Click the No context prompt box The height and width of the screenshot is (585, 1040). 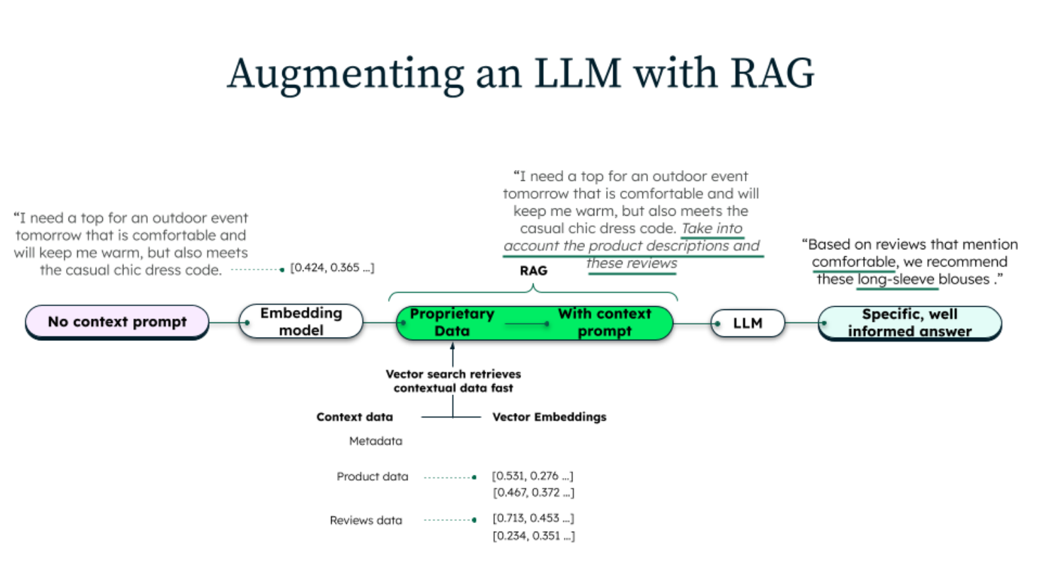[x=117, y=322]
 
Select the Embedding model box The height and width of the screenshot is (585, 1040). [x=301, y=322]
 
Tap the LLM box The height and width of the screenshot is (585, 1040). [x=748, y=323]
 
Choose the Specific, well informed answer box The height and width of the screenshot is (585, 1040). [x=909, y=323]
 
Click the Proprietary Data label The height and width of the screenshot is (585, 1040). [x=452, y=322]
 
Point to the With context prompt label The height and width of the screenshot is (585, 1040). [x=604, y=322]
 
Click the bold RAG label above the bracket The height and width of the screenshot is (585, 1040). [x=534, y=271]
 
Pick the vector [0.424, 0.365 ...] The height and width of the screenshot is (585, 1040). [x=332, y=268]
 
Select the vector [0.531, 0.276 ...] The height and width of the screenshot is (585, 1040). [x=532, y=476]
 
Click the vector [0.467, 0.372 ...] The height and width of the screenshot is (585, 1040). [x=533, y=493]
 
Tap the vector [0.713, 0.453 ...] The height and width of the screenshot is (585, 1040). [x=533, y=518]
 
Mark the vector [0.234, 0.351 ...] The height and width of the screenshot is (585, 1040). [x=533, y=536]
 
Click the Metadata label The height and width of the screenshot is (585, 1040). [x=375, y=441]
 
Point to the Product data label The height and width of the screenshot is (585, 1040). [x=372, y=477]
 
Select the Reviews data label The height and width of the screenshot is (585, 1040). [x=366, y=520]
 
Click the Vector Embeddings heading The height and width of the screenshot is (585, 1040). [x=549, y=417]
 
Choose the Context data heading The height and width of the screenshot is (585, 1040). [x=354, y=417]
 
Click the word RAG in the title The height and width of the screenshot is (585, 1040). [x=772, y=73]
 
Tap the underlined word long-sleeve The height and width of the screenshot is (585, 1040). [x=896, y=280]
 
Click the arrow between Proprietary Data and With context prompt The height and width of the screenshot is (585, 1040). [x=527, y=323]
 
